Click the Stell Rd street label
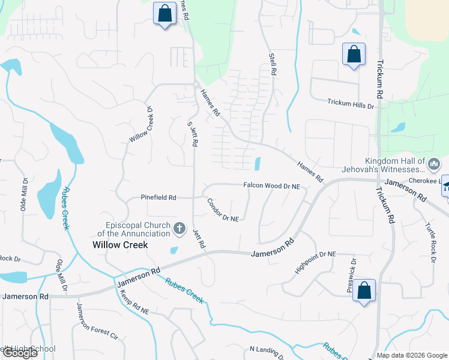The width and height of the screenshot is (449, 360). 273,63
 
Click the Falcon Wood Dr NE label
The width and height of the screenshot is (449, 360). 271,187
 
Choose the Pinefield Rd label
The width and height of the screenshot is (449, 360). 158,197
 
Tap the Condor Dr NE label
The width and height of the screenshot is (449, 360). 223,210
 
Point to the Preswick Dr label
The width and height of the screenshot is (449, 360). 352,275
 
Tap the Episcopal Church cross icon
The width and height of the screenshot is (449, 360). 179,228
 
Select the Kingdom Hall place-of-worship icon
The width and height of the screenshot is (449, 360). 434,164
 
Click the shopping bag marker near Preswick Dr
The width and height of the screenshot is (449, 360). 364,291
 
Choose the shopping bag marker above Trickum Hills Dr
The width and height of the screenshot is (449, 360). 354,54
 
